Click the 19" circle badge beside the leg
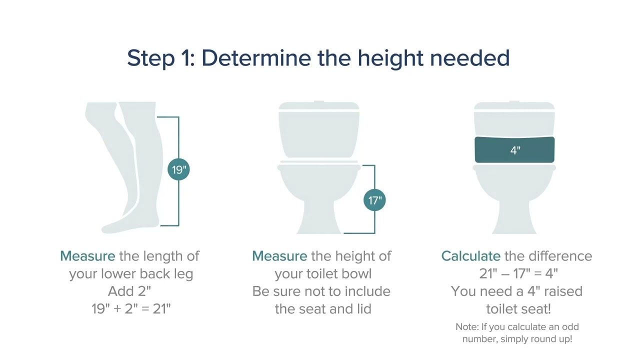click(x=178, y=169)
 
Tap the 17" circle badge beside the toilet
click(x=374, y=200)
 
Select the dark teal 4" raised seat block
click(x=514, y=150)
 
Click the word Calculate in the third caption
click(x=470, y=256)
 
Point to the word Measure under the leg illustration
click(x=87, y=256)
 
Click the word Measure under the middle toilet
click(x=279, y=256)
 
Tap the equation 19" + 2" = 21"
click(x=131, y=309)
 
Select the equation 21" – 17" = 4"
click(x=518, y=273)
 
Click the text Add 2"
click(x=129, y=291)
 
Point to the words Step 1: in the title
click(x=160, y=58)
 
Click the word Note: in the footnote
click(x=467, y=327)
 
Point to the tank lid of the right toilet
click(x=514, y=106)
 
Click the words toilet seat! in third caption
click(x=518, y=309)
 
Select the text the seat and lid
click(x=322, y=309)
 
